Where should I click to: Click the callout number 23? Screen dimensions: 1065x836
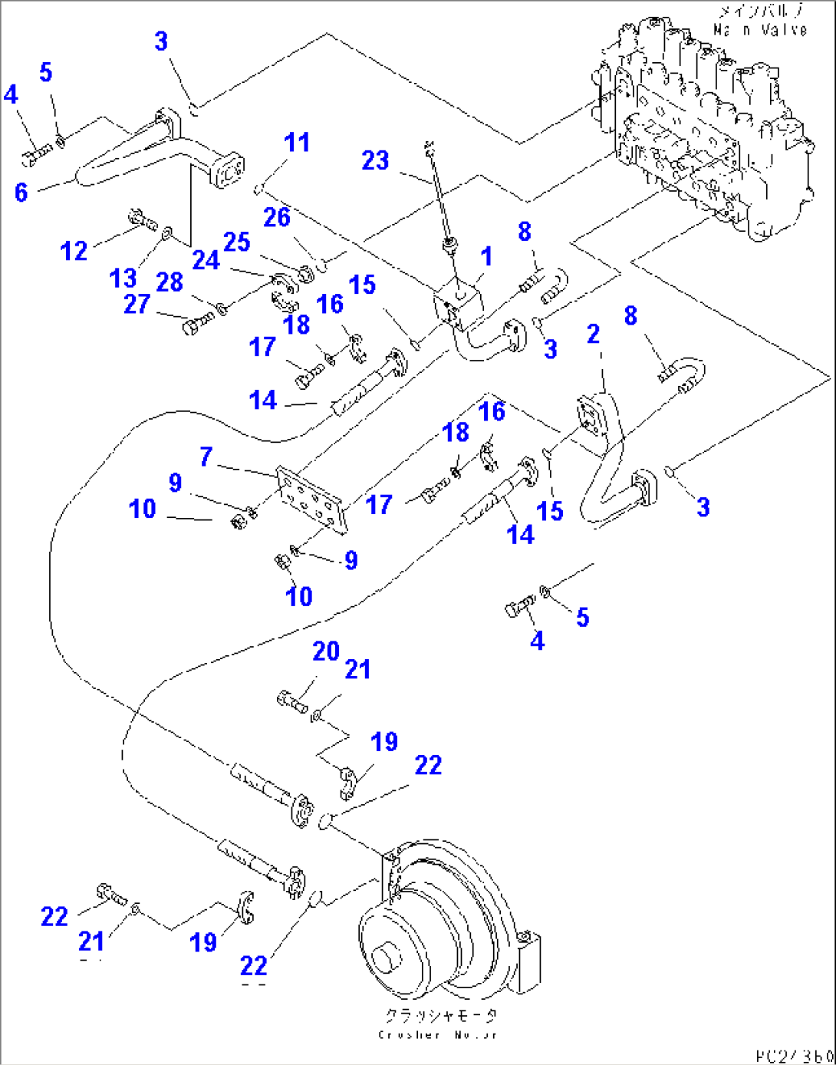click(x=375, y=160)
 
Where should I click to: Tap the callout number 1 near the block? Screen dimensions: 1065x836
click(x=485, y=256)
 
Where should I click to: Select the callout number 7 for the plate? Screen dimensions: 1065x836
click(x=206, y=457)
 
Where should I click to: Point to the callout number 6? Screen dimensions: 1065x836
click(x=21, y=192)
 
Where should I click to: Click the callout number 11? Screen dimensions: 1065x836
click(x=296, y=142)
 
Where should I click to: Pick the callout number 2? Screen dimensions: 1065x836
click(x=593, y=334)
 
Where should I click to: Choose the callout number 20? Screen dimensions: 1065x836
click(x=326, y=651)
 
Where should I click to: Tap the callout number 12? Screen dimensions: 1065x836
click(x=74, y=250)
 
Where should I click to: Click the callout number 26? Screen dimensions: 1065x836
click(x=277, y=217)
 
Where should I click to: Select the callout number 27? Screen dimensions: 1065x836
click(x=137, y=304)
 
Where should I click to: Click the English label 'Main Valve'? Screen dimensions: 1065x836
click(x=759, y=30)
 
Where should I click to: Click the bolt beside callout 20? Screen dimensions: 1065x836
click(x=292, y=701)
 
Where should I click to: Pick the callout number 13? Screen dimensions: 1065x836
click(x=123, y=277)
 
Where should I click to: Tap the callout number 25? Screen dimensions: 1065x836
click(x=236, y=242)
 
